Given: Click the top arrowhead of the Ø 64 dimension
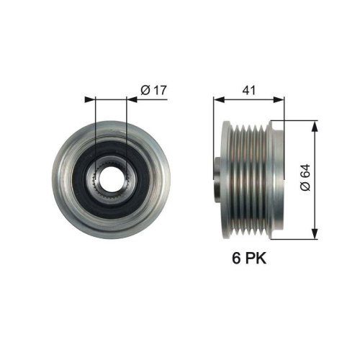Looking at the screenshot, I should (314, 125).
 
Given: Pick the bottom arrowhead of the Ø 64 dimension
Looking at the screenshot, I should (314, 233).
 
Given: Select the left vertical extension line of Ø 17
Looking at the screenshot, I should (96, 130).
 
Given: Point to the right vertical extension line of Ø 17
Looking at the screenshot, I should (127, 130).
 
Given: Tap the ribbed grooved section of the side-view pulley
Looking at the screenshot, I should (248, 179).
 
